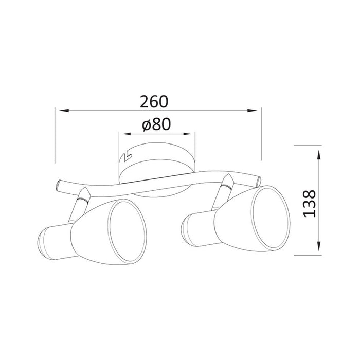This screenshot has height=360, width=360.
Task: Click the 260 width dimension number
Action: click(154, 102)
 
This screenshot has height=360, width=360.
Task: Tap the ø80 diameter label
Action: click(156, 124)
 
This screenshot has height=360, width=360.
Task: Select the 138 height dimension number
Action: click(309, 204)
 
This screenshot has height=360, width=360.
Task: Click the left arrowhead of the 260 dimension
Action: click(64, 111)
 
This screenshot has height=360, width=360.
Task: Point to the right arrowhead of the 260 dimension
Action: click(252, 111)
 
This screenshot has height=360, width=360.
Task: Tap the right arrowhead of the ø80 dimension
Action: click(186, 134)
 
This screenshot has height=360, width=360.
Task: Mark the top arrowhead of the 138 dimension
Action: click(319, 155)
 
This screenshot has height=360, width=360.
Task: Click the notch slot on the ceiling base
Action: click(125, 156)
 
